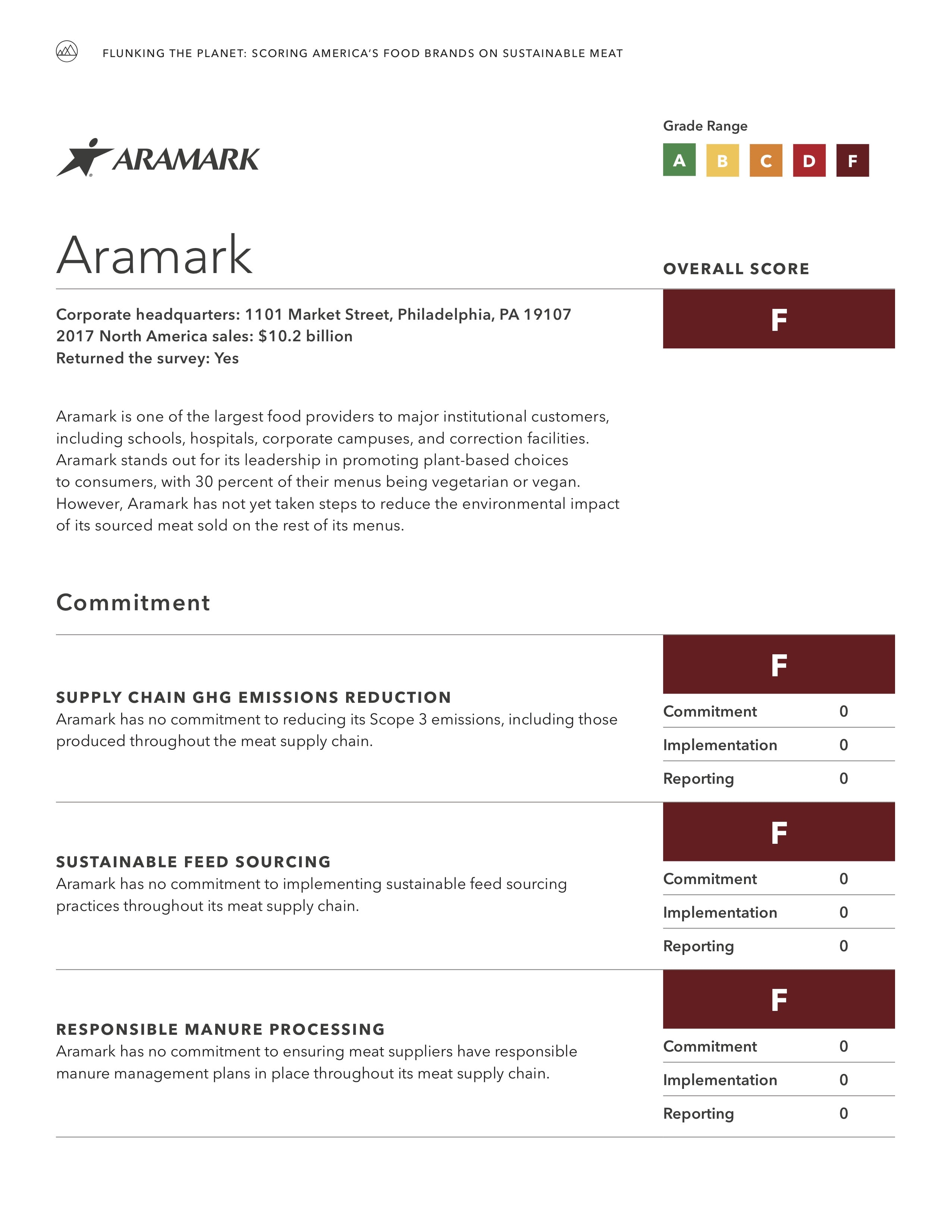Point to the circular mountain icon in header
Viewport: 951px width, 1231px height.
click(x=66, y=52)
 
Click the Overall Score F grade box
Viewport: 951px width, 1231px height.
click(x=779, y=319)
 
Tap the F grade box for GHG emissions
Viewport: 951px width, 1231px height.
click(x=779, y=664)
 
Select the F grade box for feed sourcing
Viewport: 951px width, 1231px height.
click(x=779, y=832)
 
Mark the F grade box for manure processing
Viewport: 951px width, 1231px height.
click(x=779, y=999)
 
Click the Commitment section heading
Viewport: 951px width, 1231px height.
click(x=133, y=602)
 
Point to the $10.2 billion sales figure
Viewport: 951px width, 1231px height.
click(x=305, y=336)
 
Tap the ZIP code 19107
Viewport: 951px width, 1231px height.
click(x=547, y=314)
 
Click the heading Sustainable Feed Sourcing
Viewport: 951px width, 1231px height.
click(x=193, y=862)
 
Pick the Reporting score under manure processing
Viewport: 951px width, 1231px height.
click(x=843, y=1113)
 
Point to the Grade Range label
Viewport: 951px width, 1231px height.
click(x=705, y=126)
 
